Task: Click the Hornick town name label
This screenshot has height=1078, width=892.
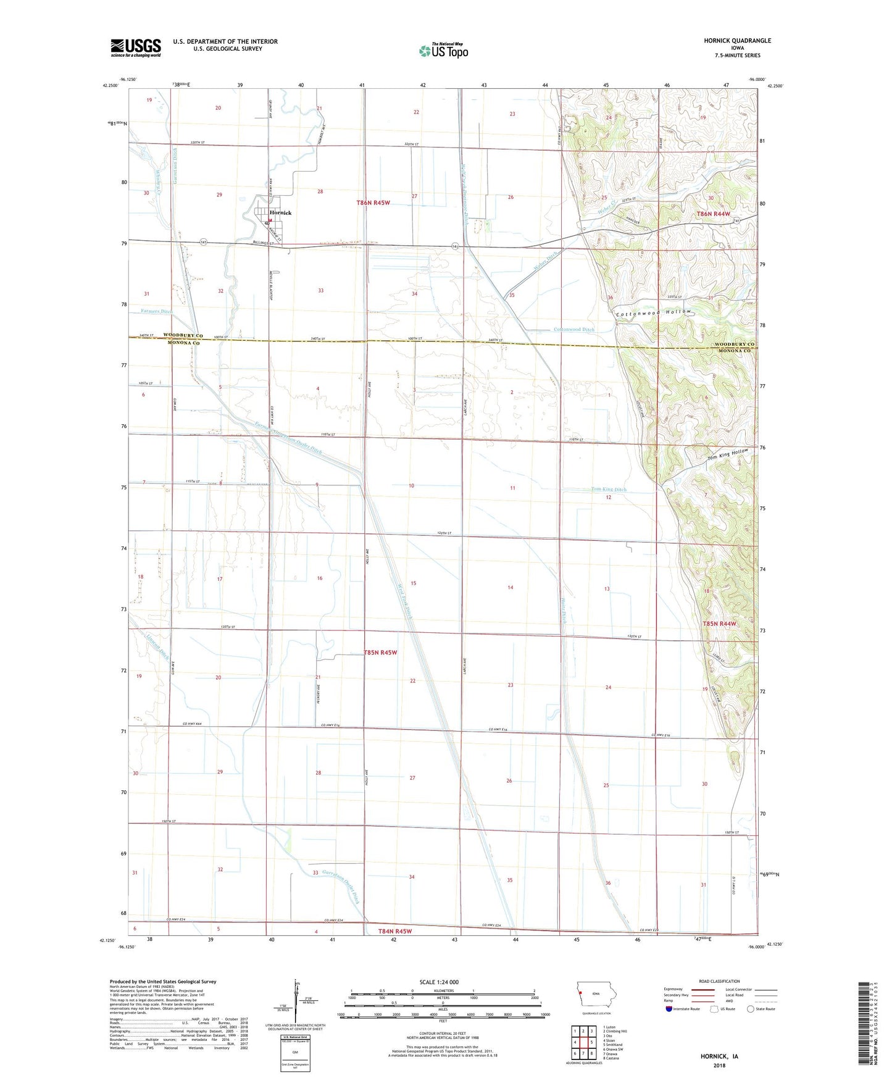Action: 280,212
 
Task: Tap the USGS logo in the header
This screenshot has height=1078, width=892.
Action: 135,48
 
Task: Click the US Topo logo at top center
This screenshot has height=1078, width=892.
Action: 443,51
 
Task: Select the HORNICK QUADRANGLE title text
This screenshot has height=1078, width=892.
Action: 737,41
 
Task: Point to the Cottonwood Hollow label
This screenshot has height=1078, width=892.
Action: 654,312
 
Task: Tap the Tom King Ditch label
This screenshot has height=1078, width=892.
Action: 608,490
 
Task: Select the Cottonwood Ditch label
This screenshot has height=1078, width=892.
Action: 573,330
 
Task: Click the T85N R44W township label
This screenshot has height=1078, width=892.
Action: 719,624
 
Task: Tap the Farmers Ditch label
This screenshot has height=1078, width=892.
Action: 156,312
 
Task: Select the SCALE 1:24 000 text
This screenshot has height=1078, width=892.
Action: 439,982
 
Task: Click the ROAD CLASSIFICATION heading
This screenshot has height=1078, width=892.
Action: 719,981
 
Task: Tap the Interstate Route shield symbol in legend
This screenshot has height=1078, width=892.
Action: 669,1009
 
